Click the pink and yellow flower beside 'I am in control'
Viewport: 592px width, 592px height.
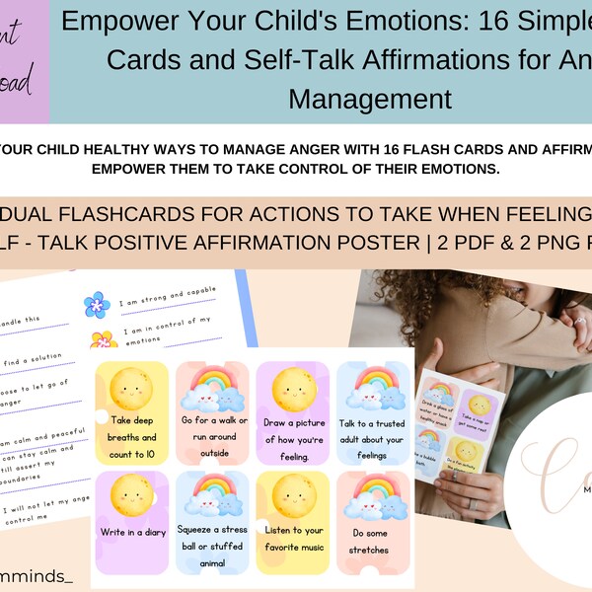[104, 340]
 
